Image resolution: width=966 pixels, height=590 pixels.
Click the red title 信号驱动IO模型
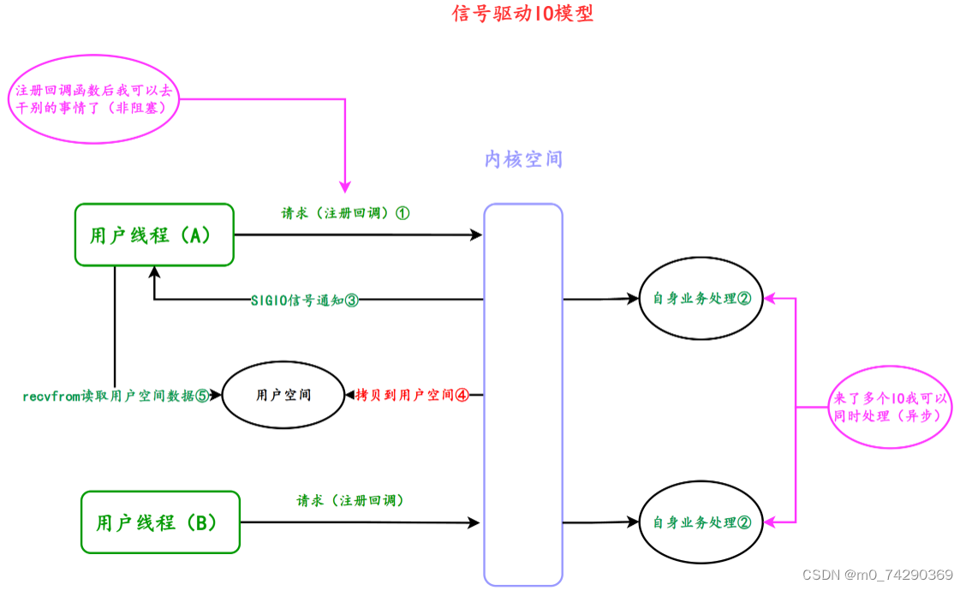tap(522, 15)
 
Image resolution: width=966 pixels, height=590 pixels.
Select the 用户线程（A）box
tap(154, 235)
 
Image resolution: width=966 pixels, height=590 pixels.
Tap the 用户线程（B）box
tap(160, 522)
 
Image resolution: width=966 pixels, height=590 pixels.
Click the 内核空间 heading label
tap(523, 159)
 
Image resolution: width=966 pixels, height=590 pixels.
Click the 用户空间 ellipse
tap(283, 396)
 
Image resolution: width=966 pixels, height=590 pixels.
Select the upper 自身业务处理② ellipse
tap(701, 299)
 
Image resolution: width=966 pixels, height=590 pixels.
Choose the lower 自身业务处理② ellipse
tap(701, 521)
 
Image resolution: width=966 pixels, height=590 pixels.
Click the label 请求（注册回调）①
tap(345, 213)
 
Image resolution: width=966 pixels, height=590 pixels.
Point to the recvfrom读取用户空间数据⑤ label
tap(116, 396)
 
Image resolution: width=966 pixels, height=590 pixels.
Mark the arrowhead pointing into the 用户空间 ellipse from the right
tap(348, 396)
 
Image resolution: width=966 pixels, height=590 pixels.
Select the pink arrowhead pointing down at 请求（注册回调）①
tap(345, 187)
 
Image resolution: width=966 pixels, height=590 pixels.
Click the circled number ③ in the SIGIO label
tap(351, 301)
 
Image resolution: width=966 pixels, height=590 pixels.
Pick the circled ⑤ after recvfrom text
tap(202, 396)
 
